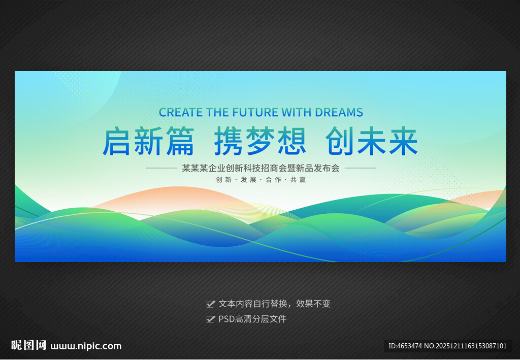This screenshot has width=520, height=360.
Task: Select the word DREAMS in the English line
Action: click(x=339, y=112)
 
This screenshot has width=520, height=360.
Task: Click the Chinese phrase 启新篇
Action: click(x=148, y=142)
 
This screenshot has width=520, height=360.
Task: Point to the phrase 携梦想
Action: click(x=260, y=142)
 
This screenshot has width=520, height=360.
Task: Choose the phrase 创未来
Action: click(x=372, y=142)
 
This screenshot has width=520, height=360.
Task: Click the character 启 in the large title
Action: click(x=117, y=142)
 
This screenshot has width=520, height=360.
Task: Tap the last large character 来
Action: click(x=403, y=142)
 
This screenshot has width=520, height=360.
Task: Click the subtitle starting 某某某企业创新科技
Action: click(x=260, y=168)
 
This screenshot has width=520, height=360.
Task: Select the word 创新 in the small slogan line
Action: click(x=223, y=180)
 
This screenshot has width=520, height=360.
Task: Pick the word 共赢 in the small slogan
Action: click(x=298, y=180)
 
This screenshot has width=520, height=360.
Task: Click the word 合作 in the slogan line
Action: click(x=273, y=180)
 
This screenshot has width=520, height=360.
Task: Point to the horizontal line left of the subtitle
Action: click(x=160, y=168)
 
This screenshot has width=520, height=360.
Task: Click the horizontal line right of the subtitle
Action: click(x=360, y=168)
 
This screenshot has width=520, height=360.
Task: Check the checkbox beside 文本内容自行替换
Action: click(x=211, y=304)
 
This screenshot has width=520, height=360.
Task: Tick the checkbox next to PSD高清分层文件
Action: click(x=211, y=319)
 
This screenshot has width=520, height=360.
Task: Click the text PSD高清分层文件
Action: click(x=252, y=319)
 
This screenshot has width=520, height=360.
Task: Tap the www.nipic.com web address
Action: click(x=86, y=346)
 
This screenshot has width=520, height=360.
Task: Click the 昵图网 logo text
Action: click(x=29, y=346)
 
